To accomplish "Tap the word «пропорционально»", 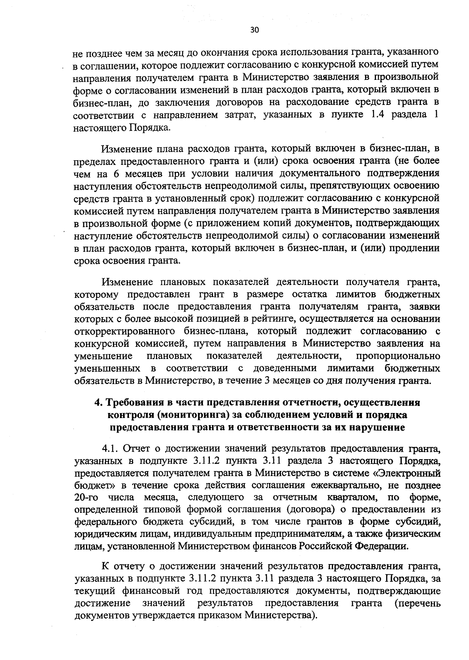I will click(x=398, y=356).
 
